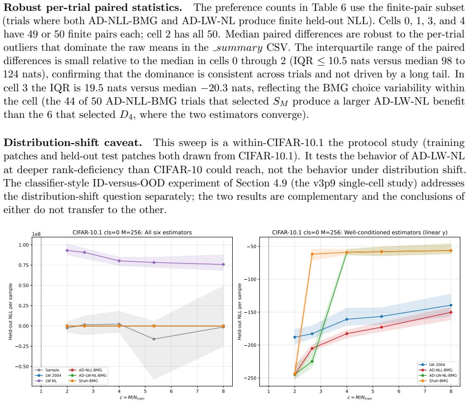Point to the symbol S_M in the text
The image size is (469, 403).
[281, 102]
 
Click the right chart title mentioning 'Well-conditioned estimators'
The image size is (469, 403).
[360, 232]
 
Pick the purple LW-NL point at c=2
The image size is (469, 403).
[67, 251]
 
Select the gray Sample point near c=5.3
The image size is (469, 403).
[154, 339]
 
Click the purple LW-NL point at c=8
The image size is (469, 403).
[223, 264]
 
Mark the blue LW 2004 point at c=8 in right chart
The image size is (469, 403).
[451, 305]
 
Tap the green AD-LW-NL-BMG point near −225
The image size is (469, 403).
[312, 362]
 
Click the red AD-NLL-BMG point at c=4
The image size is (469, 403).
[347, 333]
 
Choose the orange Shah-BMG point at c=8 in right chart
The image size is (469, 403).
[451, 251]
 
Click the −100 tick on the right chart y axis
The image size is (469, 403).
[250, 280]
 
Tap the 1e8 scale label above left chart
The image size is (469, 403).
[36, 234]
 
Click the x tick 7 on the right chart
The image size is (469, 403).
[425, 391]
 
